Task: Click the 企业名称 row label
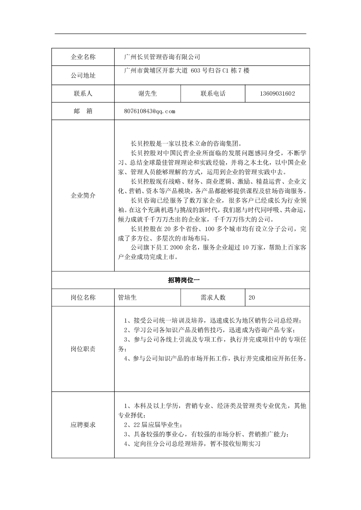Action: [x=83, y=57]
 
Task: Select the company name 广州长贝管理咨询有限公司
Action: [x=162, y=57]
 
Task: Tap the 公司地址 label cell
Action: [x=83, y=75]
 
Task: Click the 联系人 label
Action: [x=83, y=94]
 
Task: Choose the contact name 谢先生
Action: [x=147, y=94]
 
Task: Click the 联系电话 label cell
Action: [x=213, y=94]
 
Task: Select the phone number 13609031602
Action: [x=278, y=94]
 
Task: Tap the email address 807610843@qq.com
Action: [x=149, y=111]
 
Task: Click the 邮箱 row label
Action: [x=83, y=111]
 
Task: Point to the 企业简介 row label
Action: [x=83, y=196]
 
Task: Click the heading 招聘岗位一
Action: [x=180, y=280]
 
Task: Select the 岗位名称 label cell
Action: [x=83, y=298]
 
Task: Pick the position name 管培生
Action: [x=127, y=298]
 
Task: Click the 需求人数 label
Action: [x=213, y=298]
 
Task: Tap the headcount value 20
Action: [x=252, y=298]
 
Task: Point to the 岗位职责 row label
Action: [x=83, y=349]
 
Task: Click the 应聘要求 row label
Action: [x=83, y=425]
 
